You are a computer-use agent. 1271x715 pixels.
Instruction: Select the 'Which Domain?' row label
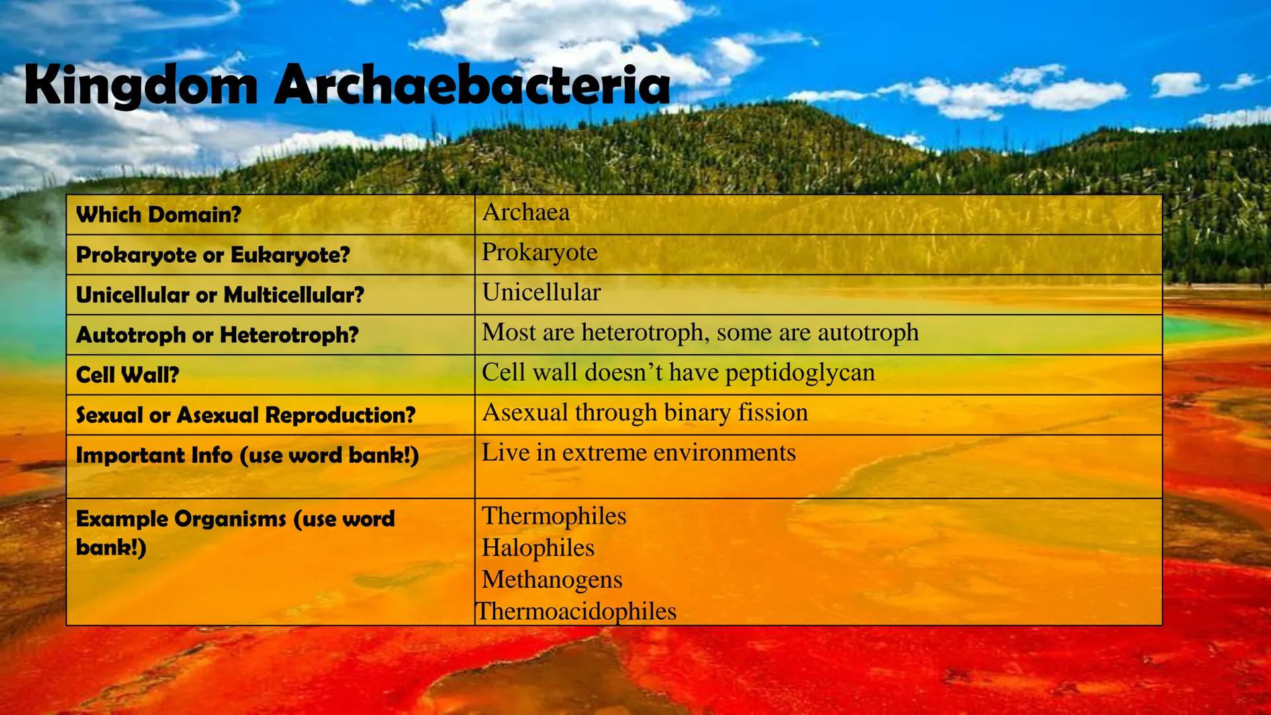click(159, 215)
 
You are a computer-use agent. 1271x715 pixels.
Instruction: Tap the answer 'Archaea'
click(526, 213)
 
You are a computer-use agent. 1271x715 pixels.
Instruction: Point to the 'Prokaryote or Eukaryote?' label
click(212, 255)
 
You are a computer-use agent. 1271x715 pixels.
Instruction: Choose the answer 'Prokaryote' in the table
click(540, 252)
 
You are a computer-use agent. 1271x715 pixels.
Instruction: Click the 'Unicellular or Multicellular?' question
click(220, 295)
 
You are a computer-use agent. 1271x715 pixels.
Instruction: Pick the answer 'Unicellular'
click(541, 293)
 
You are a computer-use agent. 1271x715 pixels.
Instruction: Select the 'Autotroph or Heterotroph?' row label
click(217, 335)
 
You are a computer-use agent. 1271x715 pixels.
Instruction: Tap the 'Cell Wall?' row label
click(127, 375)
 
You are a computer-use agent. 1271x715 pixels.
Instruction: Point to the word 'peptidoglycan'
click(800, 373)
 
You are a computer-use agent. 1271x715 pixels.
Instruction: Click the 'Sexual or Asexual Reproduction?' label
click(246, 416)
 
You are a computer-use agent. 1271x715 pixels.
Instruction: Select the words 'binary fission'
click(735, 412)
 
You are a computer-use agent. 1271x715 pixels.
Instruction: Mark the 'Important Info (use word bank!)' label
click(247, 456)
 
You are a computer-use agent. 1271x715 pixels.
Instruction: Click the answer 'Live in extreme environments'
click(638, 453)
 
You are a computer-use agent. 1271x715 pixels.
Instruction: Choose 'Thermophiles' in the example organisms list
click(553, 516)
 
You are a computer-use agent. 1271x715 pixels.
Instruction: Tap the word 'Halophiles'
click(538, 548)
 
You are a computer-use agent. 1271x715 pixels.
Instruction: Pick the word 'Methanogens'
click(551, 580)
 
